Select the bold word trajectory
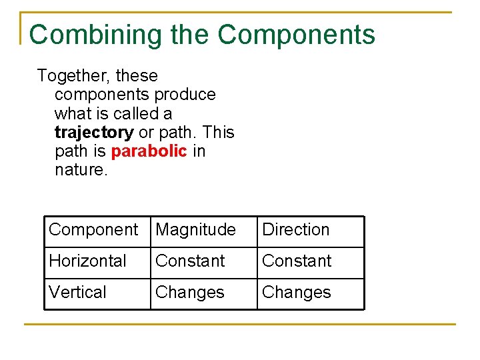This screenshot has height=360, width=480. [94, 132]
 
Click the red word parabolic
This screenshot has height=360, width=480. [149, 151]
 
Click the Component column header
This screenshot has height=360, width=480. [93, 230]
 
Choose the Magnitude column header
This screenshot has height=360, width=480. [195, 230]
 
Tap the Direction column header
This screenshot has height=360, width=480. [296, 230]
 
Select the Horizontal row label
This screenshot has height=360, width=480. [87, 261]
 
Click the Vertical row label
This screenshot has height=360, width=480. [77, 293]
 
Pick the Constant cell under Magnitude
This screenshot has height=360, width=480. [190, 261]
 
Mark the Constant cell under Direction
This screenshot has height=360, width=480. [297, 261]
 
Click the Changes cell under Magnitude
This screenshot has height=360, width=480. [190, 293]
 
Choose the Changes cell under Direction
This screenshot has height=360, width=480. [297, 293]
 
